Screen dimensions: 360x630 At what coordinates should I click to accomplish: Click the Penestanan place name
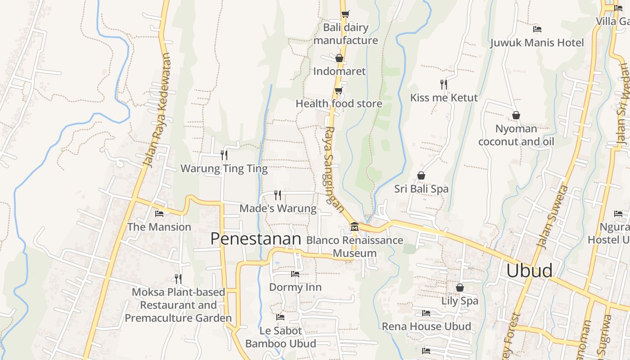[x=256, y=238]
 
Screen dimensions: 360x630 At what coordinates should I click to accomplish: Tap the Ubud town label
[x=529, y=270]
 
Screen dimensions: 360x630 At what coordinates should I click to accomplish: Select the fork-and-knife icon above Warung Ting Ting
[x=224, y=155]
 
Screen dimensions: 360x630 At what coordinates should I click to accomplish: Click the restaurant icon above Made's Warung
[x=278, y=195]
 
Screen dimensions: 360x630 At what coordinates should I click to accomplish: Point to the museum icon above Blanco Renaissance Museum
[x=355, y=226]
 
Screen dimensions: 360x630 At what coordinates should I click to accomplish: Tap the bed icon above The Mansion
[x=159, y=213]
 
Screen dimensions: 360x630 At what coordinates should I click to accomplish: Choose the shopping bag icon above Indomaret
[x=339, y=58]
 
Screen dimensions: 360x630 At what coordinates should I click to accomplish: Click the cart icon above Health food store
[x=338, y=90]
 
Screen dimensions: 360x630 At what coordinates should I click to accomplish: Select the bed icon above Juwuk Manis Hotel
[x=537, y=29]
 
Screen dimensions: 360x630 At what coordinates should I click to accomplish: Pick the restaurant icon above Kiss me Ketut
[x=444, y=84]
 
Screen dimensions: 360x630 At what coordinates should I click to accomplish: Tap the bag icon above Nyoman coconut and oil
[x=516, y=116]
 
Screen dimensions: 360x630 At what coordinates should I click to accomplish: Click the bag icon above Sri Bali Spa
[x=421, y=175]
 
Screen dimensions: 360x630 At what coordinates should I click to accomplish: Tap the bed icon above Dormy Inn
[x=295, y=274]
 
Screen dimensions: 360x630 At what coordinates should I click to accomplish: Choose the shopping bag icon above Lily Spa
[x=459, y=287]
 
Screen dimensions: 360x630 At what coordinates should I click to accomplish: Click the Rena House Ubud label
[x=426, y=326]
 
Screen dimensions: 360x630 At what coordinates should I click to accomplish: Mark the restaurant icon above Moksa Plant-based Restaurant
[x=178, y=279]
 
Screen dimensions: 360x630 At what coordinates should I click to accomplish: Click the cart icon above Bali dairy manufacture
[x=345, y=14]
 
